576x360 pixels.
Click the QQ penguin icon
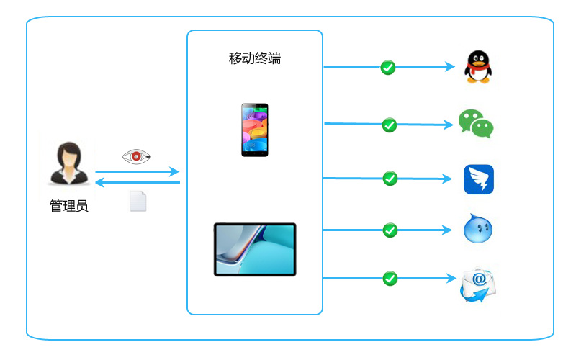(x=478, y=66)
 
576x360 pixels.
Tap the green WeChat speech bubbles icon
(x=476, y=123)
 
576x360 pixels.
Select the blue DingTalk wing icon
(x=479, y=179)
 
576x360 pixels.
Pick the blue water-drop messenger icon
(x=478, y=228)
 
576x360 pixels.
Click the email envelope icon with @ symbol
(x=478, y=284)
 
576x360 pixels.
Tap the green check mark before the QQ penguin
(x=388, y=68)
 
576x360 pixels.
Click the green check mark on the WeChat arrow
(x=390, y=125)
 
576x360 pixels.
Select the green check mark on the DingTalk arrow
(x=390, y=179)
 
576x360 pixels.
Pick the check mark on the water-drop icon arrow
(x=390, y=230)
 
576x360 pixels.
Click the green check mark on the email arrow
(x=390, y=279)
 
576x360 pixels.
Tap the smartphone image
(x=255, y=130)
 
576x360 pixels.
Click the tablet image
(x=255, y=249)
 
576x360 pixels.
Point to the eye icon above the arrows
(x=136, y=156)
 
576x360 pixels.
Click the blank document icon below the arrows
(x=138, y=201)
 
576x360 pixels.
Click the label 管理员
(x=69, y=206)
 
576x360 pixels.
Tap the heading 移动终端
(x=255, y=58)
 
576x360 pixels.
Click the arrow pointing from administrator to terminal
(x=138, y=171)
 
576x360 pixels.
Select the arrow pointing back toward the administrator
(x=138, y=182)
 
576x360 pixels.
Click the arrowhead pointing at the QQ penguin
(x=451, y=66)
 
